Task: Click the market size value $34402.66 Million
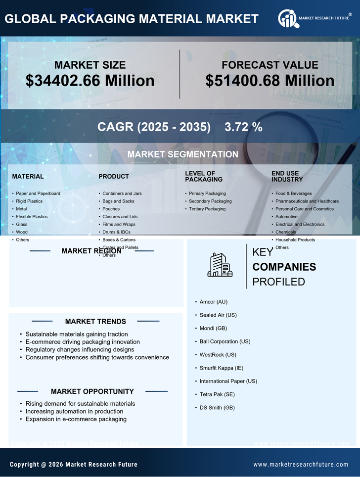pyautogui.click(x=90, y=81)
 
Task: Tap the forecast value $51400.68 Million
pyautogui.click(x=270, y=81)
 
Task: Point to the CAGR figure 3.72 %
pyautogui.click(x=243, y=127)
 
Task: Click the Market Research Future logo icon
pyautogui.click(x=287, y=19)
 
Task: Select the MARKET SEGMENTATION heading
pyautogui.click(x=182, y=154)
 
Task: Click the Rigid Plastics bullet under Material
pyautogui.click(x=29, y=201)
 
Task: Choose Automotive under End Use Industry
pyautogui.click(x=286, y=217)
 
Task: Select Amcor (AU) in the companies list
pyautogui.click(x=214, y=302)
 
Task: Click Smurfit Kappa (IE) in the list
pyautogui.click(x=222, y=368)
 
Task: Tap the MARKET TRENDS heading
pyautogui.click(x=95, y=322)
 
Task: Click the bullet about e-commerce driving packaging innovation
pyautogui.click(x=83, y=342)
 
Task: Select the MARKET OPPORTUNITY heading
pyautogui.click(x=92, y=391)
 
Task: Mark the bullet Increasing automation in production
pyautogui.click(x=74, y=411)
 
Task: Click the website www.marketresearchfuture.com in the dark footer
pyautogui.click(x=301, y=465)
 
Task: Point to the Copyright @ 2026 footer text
pyautogui.click(x=74, y=465)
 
